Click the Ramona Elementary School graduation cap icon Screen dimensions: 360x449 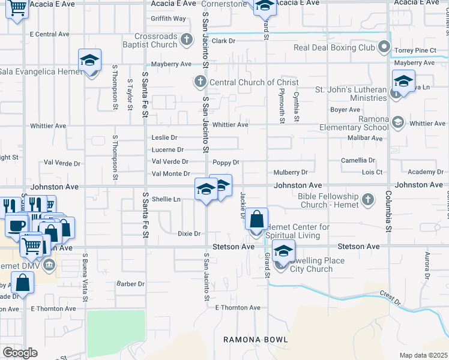click(397, 122)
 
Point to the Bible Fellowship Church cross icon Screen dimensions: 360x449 click(368, 199)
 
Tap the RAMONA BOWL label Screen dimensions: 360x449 click(255, 340)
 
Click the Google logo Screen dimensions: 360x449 click(20, 353)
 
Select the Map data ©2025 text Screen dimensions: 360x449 click(423, 355)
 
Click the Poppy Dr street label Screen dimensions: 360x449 click(226, 163)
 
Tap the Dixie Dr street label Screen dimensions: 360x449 click(189, 233)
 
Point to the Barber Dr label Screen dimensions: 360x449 click(131, 284)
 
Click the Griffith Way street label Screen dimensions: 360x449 click(169, 19)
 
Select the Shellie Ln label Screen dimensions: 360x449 click(166, 199)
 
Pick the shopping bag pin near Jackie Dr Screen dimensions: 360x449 click(256, 220)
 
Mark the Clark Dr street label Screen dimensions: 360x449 click(223, 41)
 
